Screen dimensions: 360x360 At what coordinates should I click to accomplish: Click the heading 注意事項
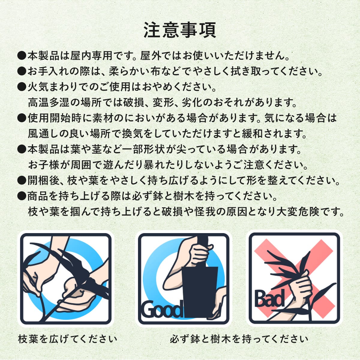[x=180, y=30]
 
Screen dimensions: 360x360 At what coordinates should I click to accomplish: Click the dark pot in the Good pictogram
[x=199, y=291]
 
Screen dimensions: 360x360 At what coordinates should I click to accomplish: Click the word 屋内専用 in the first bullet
[x=91, y=56]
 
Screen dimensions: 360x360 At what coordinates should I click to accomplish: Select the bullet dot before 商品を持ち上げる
[x=22, y=196]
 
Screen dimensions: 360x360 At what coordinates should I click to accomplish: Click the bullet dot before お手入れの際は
[x=22, y=72]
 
